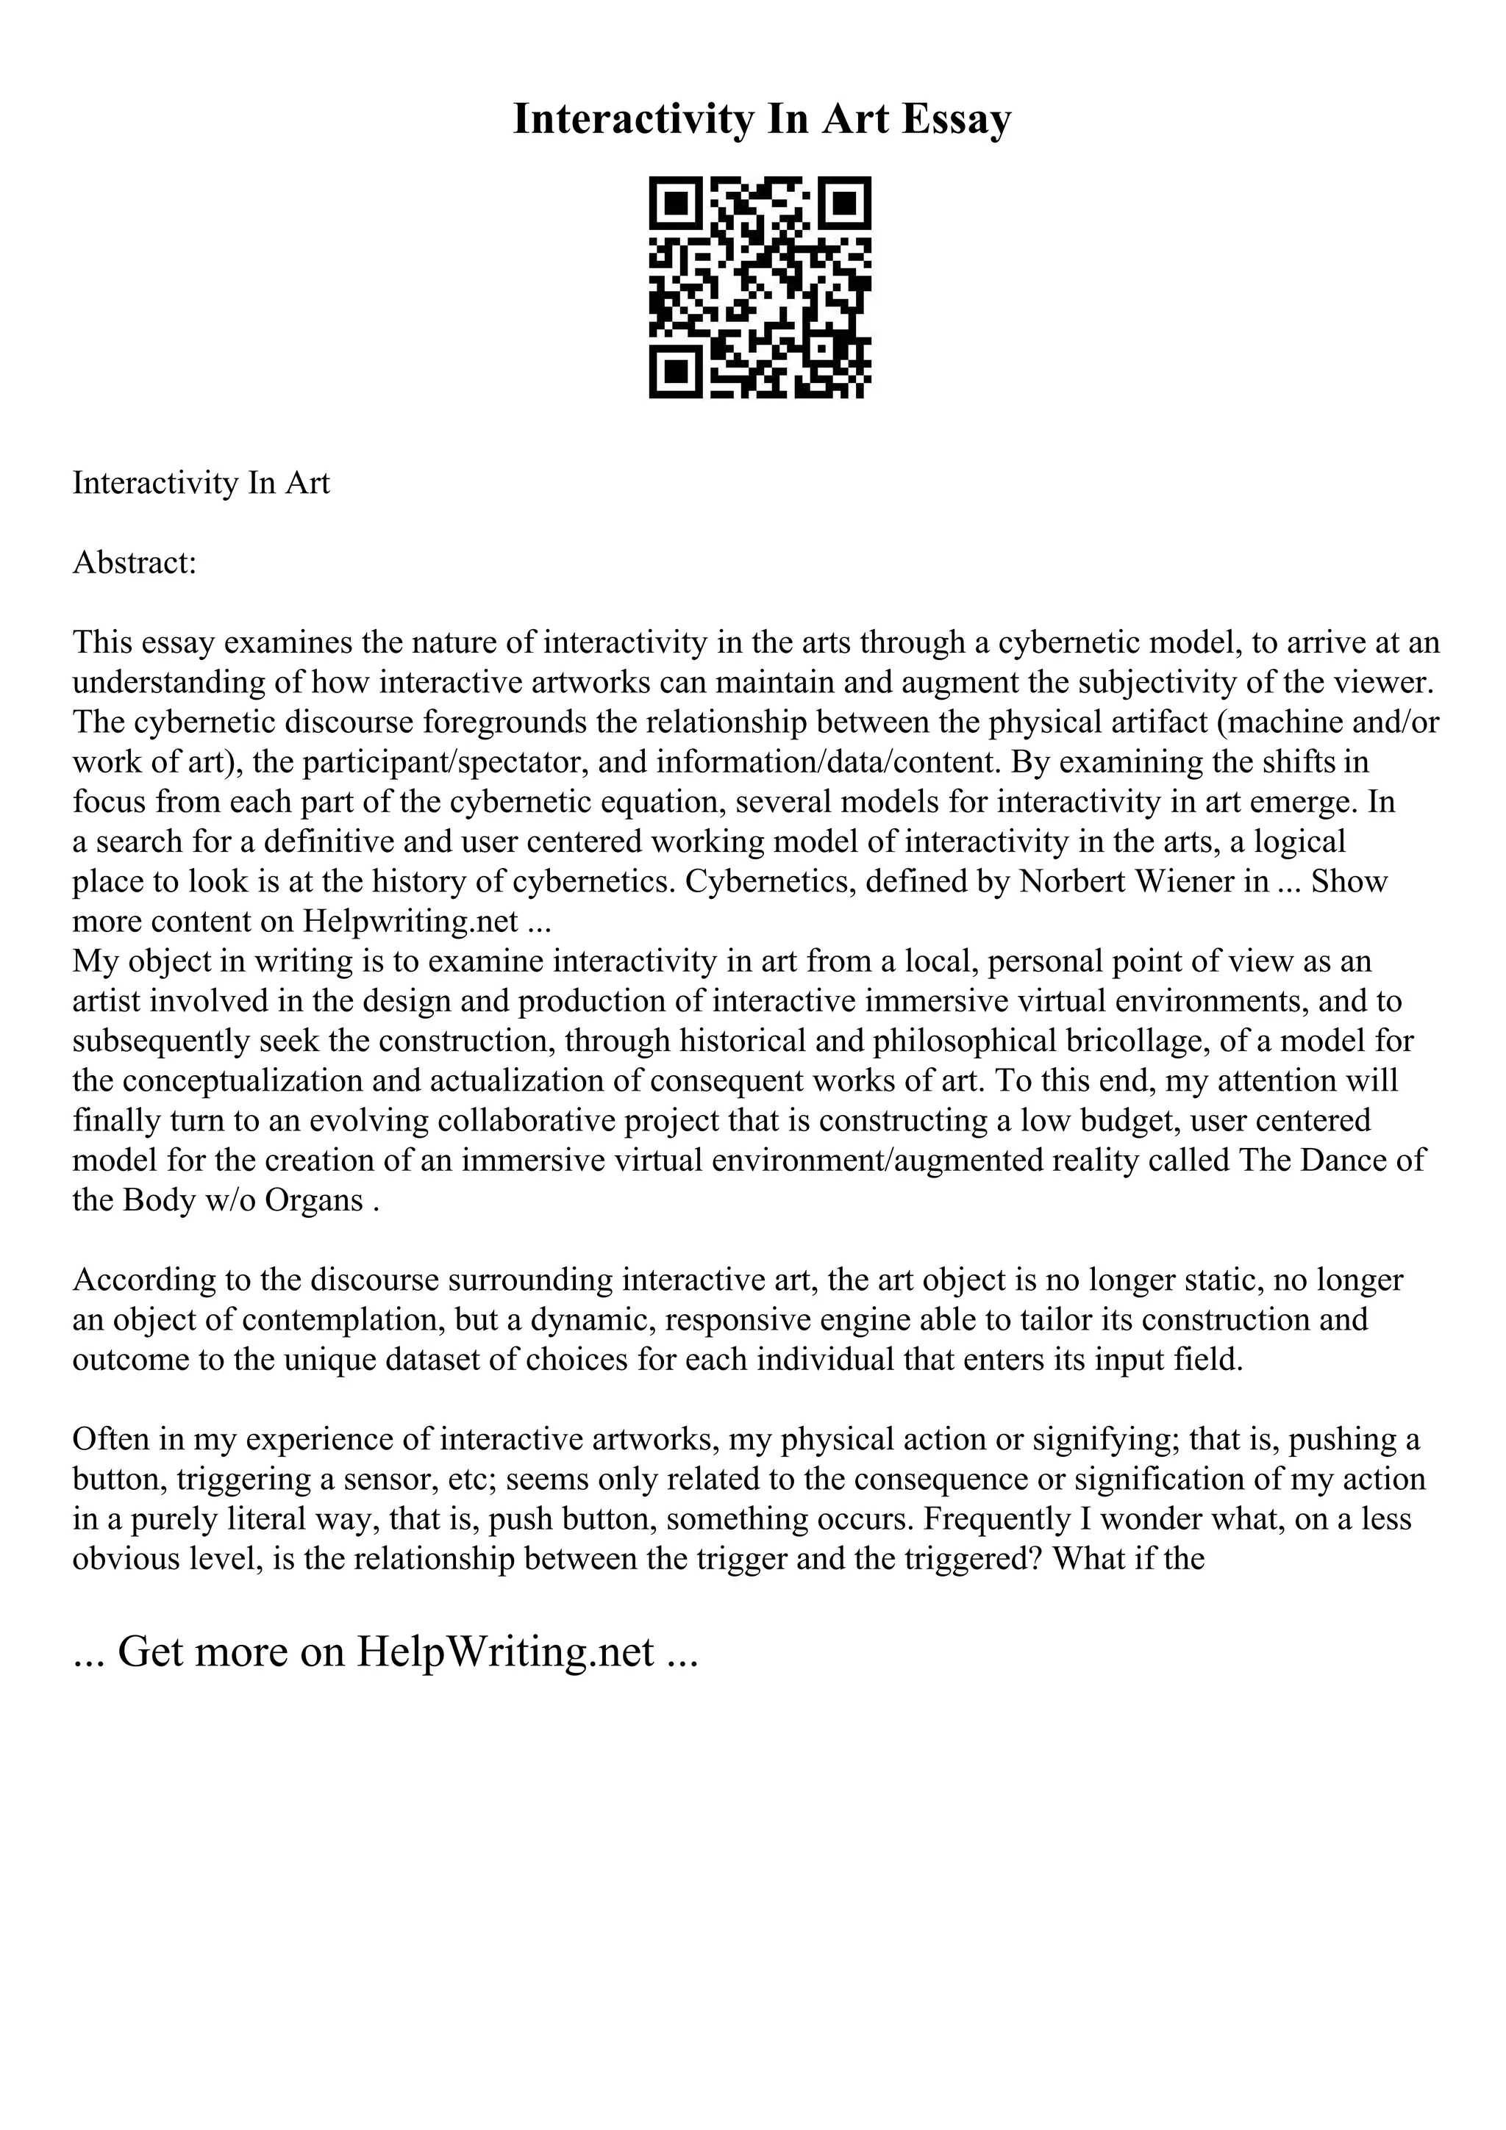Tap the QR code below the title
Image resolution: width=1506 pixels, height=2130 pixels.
759,287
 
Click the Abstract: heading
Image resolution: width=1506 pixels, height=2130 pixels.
135,562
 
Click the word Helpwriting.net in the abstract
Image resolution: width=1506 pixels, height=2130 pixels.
409,920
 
